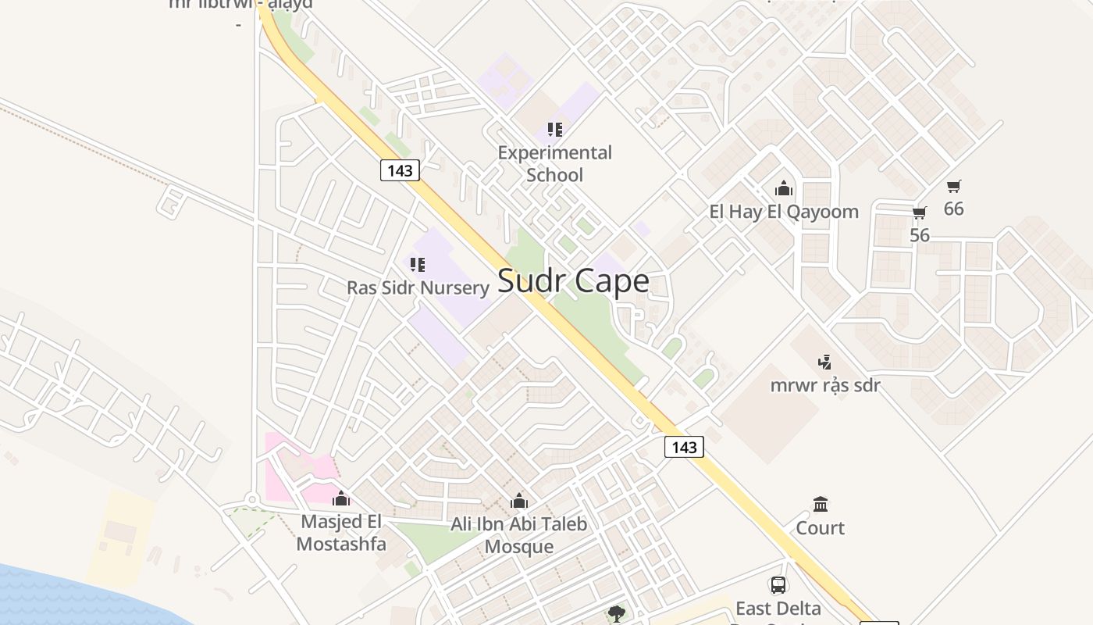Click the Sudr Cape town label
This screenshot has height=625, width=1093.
coord(572,281)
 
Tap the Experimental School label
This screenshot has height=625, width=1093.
coord(554,163)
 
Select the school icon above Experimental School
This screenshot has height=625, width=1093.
coord(554,130)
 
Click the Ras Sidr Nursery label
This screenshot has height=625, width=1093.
coord(418,287)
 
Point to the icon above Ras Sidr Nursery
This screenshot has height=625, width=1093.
coord(418,265)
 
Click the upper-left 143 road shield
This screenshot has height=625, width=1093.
coord(400,170)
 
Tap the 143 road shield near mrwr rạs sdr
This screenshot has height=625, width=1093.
coord(684,447)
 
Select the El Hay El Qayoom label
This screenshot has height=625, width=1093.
coord(783,212)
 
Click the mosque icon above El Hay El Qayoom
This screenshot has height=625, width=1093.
coord(783,189)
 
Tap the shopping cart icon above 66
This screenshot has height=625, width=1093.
coord(953,186)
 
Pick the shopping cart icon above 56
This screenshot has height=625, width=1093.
coord(920,213)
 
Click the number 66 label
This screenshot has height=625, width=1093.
coord(953,209)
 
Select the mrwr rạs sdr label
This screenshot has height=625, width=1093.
coord(824,385)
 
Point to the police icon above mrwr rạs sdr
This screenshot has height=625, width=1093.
coord(824,362)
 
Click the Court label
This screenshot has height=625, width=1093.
coord(820,528)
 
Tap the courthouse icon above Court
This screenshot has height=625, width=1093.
coord(820,504)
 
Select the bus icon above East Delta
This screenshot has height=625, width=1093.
coord(778,585)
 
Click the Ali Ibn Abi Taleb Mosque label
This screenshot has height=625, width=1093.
coord(518,535)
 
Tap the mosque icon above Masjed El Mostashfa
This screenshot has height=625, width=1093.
coord(341,498)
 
